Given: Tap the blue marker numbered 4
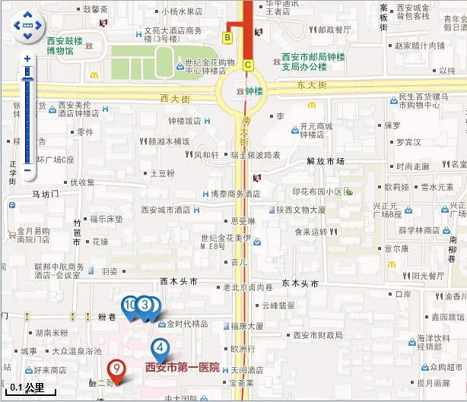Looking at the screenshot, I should (160, 349).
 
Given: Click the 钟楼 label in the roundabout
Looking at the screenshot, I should (255, 91).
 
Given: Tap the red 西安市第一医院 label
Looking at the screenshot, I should (182, 367).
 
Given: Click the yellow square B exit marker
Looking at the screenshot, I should (227, 36).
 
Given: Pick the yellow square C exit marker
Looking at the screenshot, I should (247, 65).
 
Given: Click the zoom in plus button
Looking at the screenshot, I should (27, 59).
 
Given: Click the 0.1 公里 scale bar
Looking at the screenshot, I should (28, 388).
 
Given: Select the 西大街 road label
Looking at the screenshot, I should (175, 98).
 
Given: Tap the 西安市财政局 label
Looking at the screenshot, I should (318, 334).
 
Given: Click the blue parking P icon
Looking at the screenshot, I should (11, 204).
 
